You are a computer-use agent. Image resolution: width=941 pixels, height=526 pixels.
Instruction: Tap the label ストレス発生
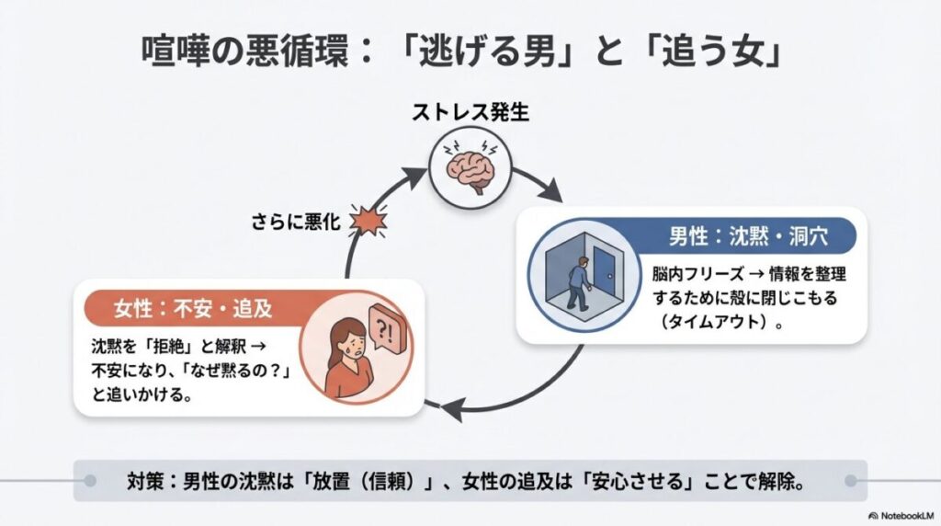pyautogui.click(x=470, y=116)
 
